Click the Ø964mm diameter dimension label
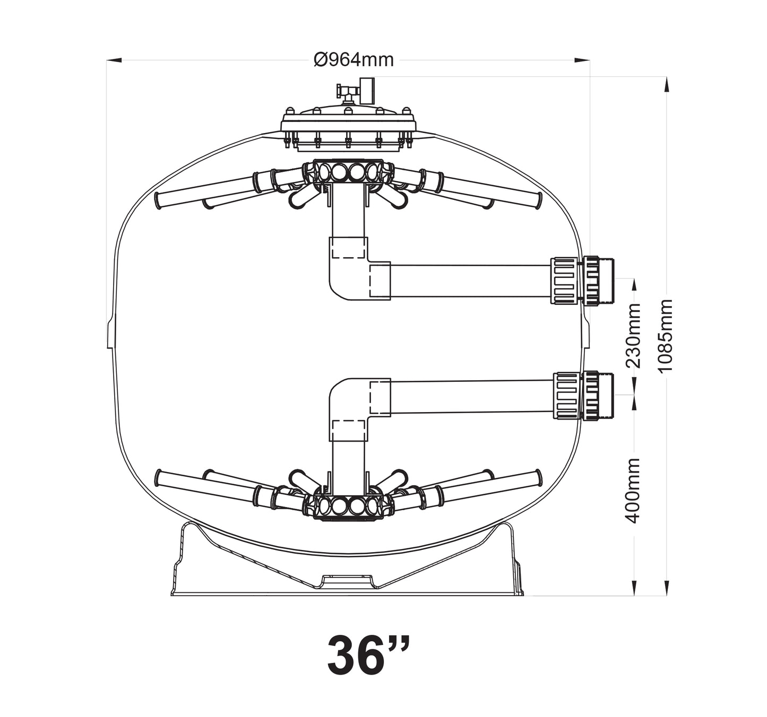click(354, 60)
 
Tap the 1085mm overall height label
click(666, 335)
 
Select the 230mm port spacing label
click(633, 335)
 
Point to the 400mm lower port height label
click(633, 491)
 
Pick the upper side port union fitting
click(582, 280)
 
